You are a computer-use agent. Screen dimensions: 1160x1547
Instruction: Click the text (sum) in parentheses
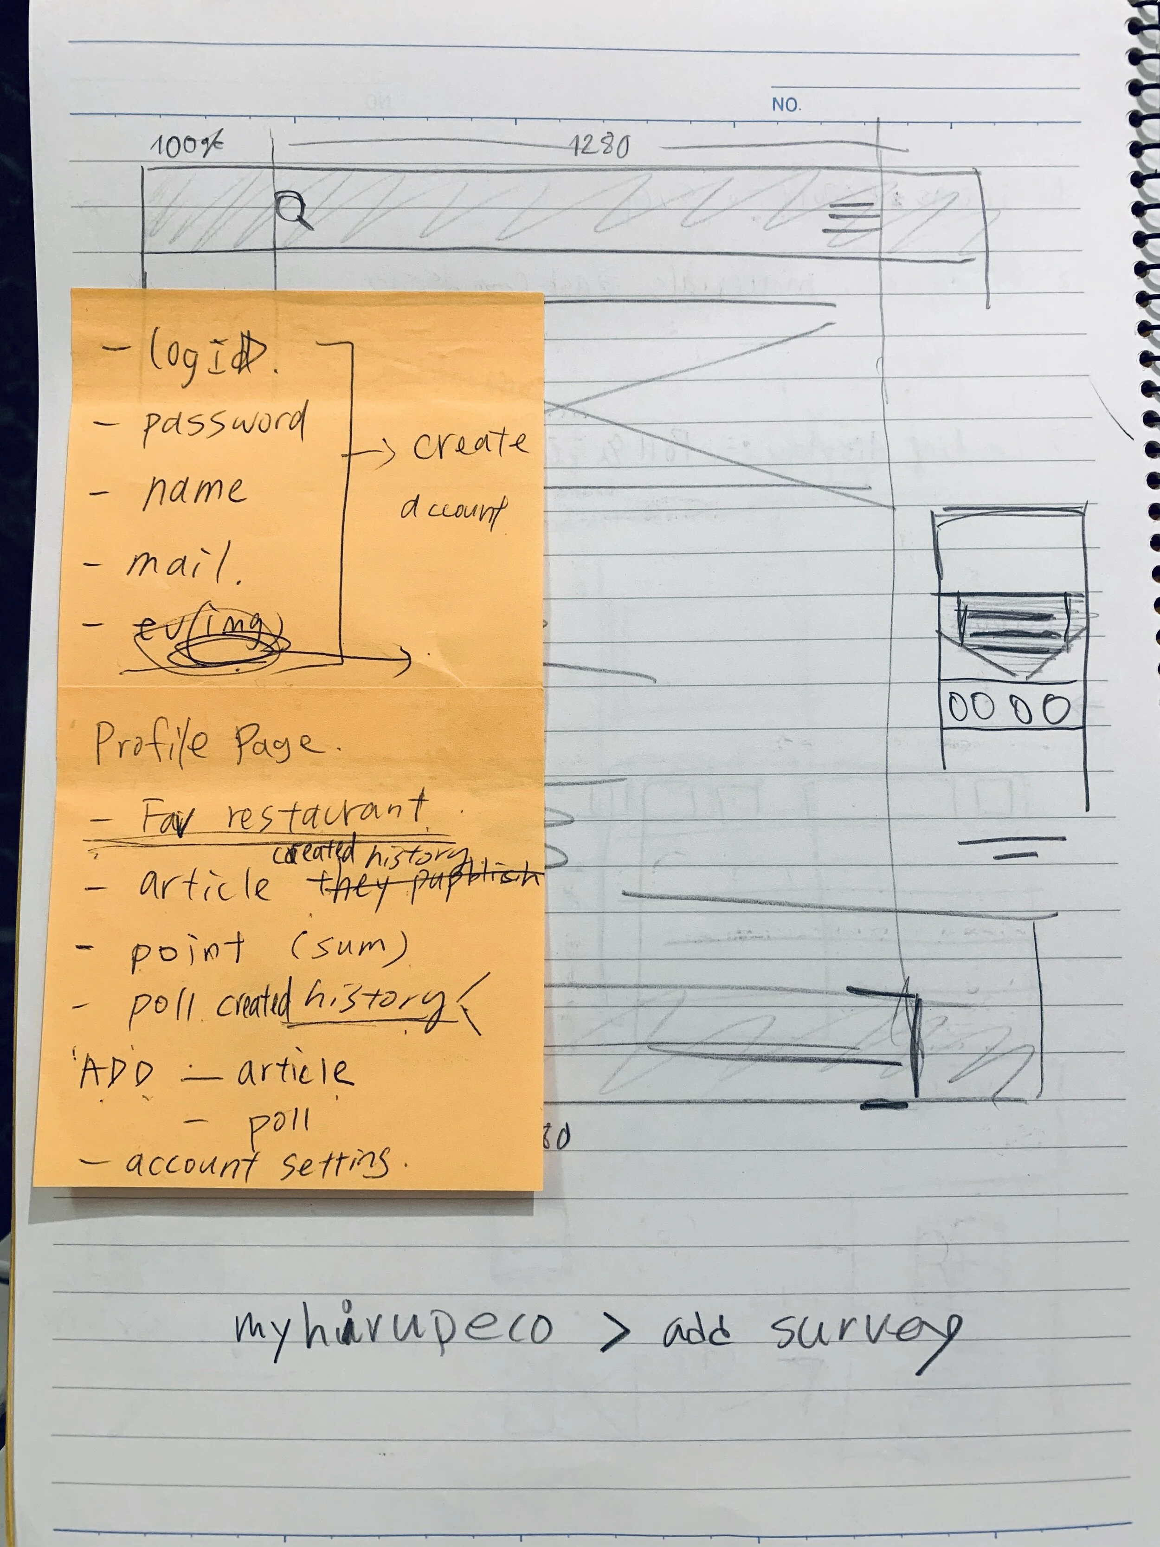(x=348, y=946)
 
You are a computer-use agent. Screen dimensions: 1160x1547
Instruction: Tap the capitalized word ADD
(x=116, y=1072)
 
